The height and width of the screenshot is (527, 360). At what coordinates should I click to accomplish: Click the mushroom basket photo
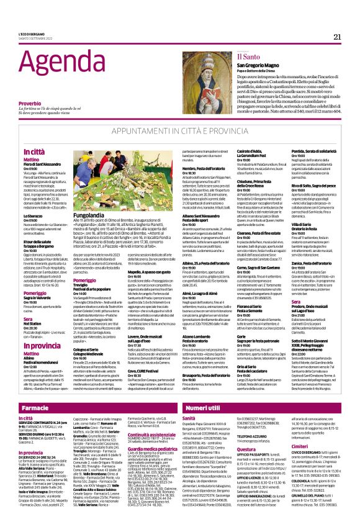click(x=108, y=179)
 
